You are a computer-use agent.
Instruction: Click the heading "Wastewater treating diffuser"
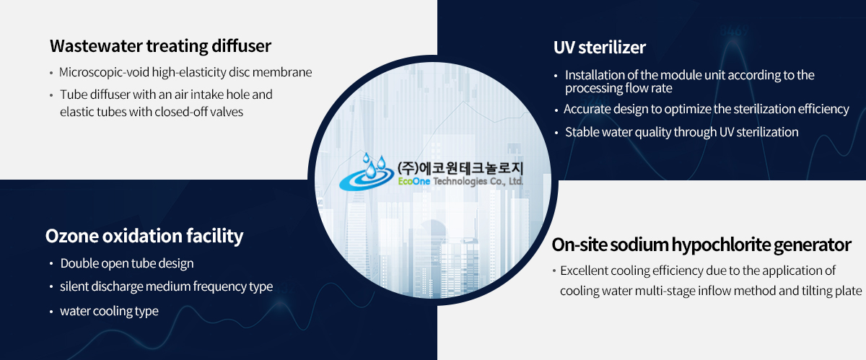click(160, 46)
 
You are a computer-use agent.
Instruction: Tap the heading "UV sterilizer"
click(600, 48)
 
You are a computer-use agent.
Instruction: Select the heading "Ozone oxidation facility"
click(144, 236)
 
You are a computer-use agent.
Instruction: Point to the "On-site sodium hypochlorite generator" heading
click(701, 245)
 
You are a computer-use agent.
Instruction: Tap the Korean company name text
click(460, 168)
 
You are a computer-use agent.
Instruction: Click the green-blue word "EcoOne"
click(414, 181)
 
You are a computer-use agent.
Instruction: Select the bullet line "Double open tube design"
click(127, 263)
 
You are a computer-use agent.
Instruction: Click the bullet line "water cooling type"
click(109, 311)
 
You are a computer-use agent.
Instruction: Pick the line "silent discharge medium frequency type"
click(166, 286)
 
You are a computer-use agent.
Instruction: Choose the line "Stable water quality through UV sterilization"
click(681, 132)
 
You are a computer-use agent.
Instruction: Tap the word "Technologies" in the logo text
click(460, 181)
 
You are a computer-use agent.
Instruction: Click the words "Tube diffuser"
click(95, 95)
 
